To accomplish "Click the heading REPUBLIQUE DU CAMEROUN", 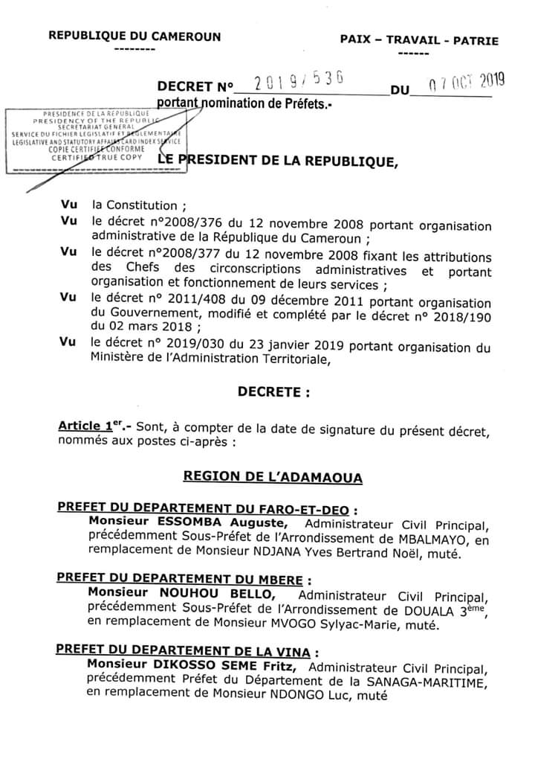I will tap(134, 36).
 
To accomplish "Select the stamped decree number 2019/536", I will tap(296, 83).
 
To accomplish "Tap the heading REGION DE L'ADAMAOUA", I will tap(273, 476).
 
